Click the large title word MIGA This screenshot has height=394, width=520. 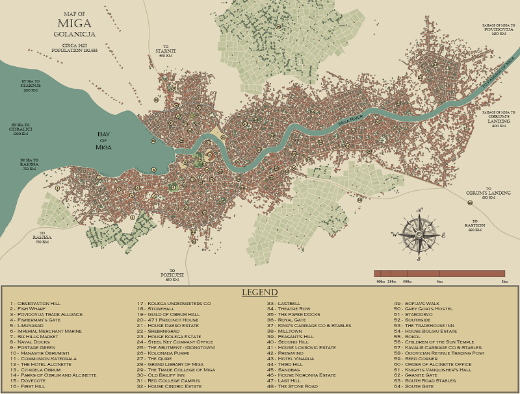click(x=73, y=25)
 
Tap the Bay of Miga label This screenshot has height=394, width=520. click(x=103, y=141)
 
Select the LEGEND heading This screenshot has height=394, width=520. click(x=259, y=293)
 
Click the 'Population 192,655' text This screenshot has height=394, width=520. click(x=75, y=49)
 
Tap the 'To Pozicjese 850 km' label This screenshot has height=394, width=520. click(x=172, y=275)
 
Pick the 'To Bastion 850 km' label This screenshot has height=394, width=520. click(x=474, y=227)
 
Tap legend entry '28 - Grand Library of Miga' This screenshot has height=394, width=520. click(x=170, y=364)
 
